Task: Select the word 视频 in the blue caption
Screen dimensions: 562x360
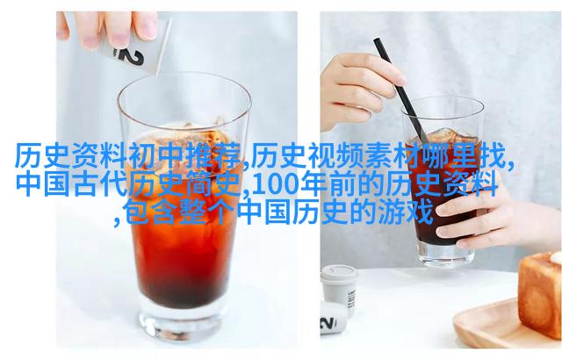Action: click(337, 156)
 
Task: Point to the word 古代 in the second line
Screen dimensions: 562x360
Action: click(101, 185)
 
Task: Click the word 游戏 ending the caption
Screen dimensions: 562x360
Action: click(406, 212)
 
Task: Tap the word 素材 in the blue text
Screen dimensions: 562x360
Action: click(393, 156)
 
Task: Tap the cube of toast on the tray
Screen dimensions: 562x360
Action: click(540, 294)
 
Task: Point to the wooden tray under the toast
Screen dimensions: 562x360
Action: click(501, 326)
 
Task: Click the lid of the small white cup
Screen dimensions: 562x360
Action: click(339, 274)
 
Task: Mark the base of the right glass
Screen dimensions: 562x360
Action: click(447, 255)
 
